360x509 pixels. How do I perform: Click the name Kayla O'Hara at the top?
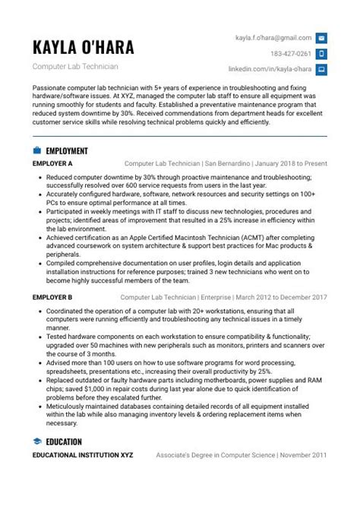pos(84,48)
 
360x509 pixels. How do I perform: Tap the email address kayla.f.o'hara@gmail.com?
pos(273,37)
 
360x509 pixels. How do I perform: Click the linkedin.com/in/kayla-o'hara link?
pos(270,69)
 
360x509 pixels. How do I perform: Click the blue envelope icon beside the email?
pos(321,37)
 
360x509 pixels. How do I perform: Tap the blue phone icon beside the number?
pos(321,53)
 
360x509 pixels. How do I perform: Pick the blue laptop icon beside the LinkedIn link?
pos(321,69)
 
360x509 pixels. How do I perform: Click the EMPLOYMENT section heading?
pos(67,150)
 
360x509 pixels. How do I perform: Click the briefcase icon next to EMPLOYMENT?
pos(37,150)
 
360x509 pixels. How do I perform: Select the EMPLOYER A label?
pos(52,163)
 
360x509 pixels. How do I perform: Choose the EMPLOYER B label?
pos(52,297)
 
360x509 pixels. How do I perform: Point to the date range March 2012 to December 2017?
pos(281,297)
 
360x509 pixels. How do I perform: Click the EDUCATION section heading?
pos(64,441)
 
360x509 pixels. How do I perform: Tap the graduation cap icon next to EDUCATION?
pos(37,441)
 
